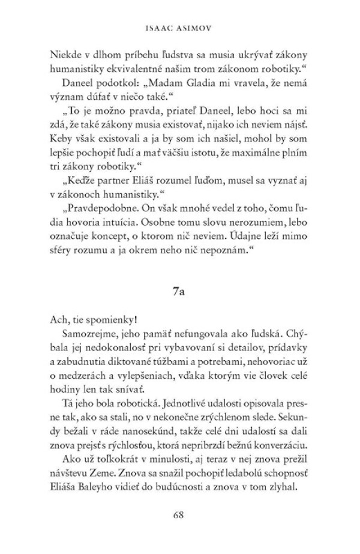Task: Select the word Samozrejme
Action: pos(86,332)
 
